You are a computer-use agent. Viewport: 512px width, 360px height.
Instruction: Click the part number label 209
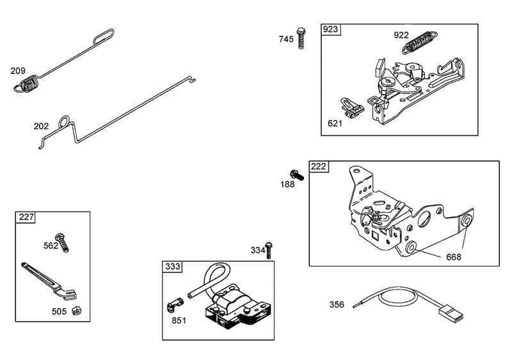click(x=17, y=70)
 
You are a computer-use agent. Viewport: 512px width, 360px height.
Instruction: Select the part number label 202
click(x=41, y=126)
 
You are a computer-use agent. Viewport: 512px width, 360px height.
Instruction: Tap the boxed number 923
click(x=331, y=30)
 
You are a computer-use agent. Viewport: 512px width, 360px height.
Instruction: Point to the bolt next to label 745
click(x=300, y=37)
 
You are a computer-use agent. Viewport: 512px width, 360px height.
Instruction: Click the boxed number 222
click(x=319, y=167)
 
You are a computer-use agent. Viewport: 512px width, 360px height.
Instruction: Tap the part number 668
click(x=453, y=257)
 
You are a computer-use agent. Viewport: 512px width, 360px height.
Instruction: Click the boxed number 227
click(x=26, y=217)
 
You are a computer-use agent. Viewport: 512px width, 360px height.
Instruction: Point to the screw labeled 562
click(x=63, y=241)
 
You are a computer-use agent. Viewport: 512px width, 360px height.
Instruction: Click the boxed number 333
click(x=172, y=267)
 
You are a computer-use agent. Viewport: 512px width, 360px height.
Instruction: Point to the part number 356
click(x=337, y=305)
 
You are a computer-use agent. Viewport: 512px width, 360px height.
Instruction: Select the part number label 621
click(x=335, y=123)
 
